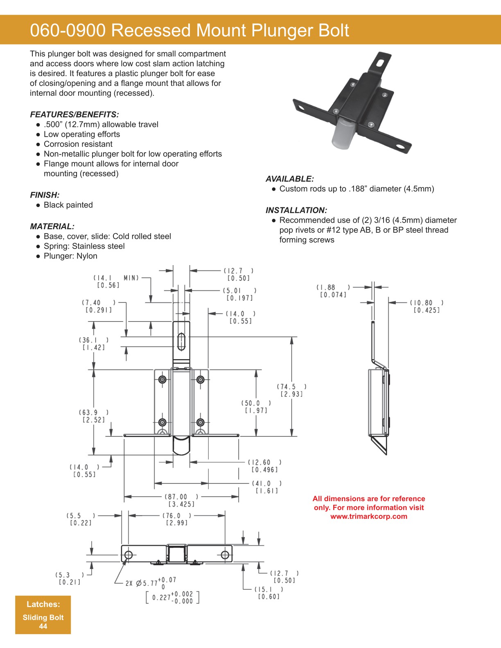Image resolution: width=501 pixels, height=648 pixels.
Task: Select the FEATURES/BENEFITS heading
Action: click(x=74, y=115)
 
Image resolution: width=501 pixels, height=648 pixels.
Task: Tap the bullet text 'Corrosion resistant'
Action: click(x=78, y=144)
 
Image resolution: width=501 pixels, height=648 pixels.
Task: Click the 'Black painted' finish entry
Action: click(x=68, y=205)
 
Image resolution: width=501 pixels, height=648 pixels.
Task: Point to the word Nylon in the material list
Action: click(x=87, y=256)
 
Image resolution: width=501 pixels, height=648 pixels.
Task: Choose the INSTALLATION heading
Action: click(x=296, y=210)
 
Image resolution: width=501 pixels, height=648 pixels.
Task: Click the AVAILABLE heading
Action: click(x=289, y=179)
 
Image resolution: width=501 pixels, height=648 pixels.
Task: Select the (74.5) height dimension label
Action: click(x=291, y=387)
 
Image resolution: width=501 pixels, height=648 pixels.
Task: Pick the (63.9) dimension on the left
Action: click(x=94, y=412)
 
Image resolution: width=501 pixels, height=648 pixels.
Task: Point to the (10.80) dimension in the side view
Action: click(x=426, y=303)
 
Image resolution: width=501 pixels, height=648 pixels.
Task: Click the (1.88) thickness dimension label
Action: click(x=333, y=287)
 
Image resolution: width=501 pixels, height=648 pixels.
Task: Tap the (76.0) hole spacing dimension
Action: click(x=177, y=516)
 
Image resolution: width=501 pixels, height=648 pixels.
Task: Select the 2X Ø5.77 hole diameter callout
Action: click(x=151, y=583)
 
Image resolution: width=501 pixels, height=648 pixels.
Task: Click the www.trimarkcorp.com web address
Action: click(x=369, y=516)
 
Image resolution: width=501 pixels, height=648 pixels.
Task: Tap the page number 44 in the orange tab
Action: click(x=43, y=626)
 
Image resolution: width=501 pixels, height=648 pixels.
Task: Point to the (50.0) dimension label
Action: click(x=256, y=403)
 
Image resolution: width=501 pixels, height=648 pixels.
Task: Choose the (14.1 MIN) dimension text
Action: click(x=116, y=278)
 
